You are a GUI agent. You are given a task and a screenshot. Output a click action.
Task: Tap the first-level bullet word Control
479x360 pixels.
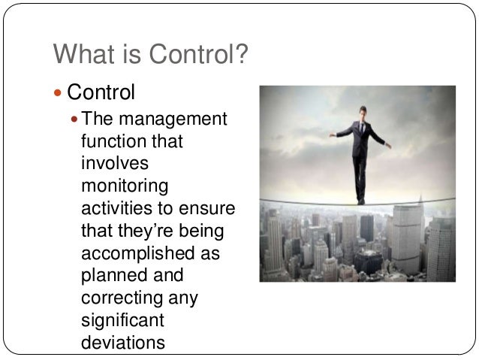click(x=101, y=93)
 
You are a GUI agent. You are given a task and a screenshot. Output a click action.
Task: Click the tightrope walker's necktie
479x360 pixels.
click(x=361, y=129)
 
